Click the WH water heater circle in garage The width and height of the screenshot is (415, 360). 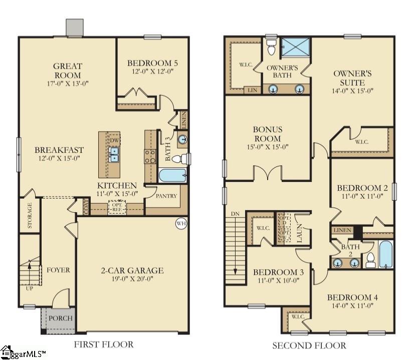181,224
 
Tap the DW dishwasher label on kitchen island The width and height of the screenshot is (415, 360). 115,141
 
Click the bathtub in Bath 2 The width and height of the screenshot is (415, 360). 386,255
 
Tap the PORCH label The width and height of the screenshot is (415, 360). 61,318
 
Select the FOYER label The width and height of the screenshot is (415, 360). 58,270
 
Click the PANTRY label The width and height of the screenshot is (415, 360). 166,196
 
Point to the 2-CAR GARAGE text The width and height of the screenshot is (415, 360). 132,271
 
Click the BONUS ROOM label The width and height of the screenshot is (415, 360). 267,134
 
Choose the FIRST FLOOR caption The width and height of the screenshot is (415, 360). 104,344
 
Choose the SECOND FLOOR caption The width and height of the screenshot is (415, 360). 309,345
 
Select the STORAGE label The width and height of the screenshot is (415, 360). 30,216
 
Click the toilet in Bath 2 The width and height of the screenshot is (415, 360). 370,259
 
